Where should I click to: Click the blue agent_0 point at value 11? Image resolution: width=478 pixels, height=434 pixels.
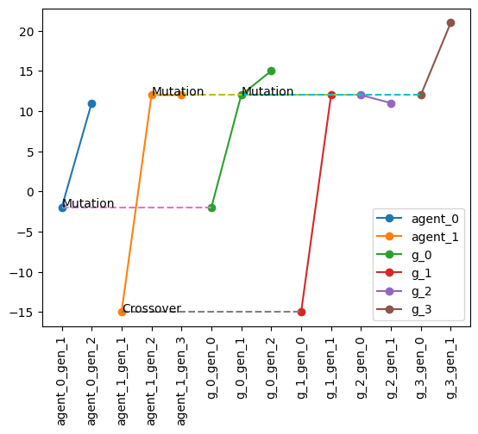click(x=91, y=103)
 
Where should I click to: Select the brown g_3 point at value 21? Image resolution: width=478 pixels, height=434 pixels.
click(x=450, y=23)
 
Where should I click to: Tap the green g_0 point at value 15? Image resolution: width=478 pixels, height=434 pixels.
click(x=271, y=71)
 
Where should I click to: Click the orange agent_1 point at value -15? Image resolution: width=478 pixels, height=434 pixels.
click(x=122, y=312)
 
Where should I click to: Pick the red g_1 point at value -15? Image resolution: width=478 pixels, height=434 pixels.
click(x=301, y=312)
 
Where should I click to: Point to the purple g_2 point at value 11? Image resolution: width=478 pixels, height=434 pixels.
click(x=391, y=103)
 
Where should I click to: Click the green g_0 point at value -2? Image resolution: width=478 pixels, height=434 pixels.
click(x=211, y=208)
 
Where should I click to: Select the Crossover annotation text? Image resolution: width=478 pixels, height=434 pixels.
click(x=151, y=308)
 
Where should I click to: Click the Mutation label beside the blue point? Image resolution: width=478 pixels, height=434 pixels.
click(x=88, y=204)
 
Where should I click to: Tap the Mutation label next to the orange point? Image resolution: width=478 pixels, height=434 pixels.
click(x=178, y=91)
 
